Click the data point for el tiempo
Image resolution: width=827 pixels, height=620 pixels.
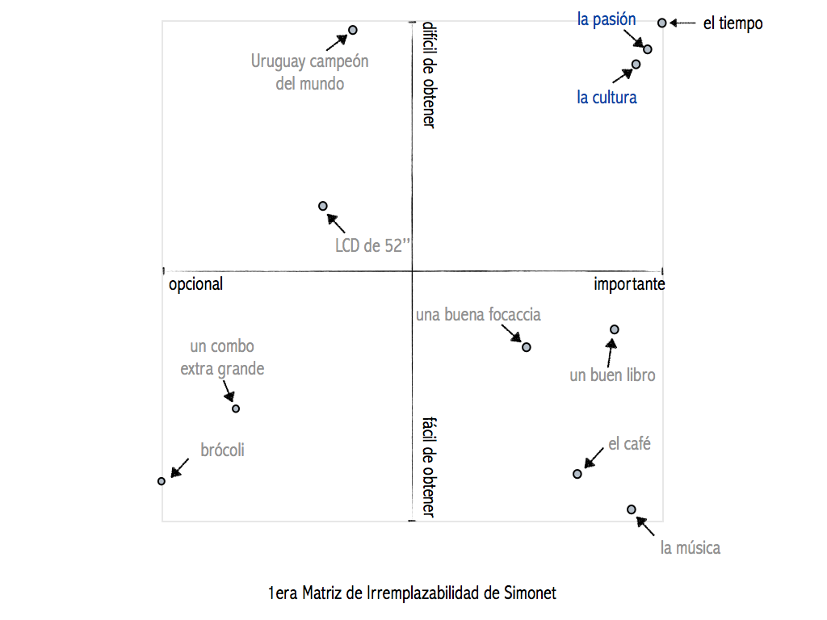pyautogui.click(x=662, y=23)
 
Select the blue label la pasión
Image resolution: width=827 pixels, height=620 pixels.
pyautogui.click(x=607, y=19)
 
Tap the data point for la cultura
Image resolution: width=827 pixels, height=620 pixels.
pyautogui.click(x=636, y=65)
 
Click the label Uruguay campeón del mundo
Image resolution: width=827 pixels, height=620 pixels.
pyautogui.click(x=309, y=72)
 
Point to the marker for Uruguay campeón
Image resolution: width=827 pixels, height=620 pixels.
pyautogui.click(x=353, y=30)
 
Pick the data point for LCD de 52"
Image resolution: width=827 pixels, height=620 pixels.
pyautogui.click(x=323, y=206)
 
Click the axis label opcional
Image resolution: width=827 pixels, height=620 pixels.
pyautogui.click(x=195, y=284)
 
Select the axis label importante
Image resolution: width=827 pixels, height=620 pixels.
pyautogui.click(x=629, y=284)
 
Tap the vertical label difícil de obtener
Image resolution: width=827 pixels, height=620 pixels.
pyautogui.click(x=429, y=75)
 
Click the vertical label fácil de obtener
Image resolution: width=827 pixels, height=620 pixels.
pyautogui.click(x=429, y=467)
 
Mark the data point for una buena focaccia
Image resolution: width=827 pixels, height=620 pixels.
pyautogui.click(x=527, y=347)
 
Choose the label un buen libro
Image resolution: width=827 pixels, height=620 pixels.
pyautogui.click(x=612, y=375)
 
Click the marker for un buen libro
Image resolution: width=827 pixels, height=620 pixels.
pyautogui.click(x=615, y=329)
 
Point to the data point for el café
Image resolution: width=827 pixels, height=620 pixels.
pyautogui.click(x=577, y=474)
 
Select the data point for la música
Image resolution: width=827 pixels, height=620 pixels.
pyautogui.click(x=632, y=509)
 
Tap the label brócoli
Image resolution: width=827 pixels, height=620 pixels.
pyautogui.click(x=222, y=450)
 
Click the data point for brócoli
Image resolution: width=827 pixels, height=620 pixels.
pyautogui.click(x=162, y=481)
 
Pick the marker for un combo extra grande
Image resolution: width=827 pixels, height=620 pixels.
pyautogui.click(x=236, y=408)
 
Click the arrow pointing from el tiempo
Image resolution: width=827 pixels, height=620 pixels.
pyautogui.click(x=682, y=23)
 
